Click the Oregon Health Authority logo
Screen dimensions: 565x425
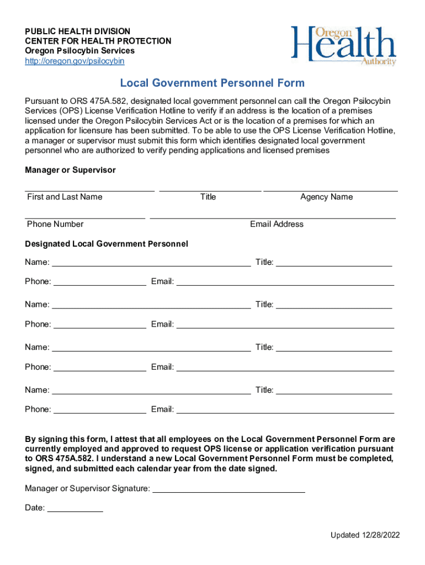343,46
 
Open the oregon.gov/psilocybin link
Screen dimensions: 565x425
75,61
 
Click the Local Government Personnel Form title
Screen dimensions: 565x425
212,83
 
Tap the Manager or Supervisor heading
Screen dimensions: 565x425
70,170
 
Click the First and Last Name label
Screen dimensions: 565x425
65,197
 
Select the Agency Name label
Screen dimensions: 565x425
326,197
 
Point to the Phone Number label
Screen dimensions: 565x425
55,224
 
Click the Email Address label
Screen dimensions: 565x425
277,224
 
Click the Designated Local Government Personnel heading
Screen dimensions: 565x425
107,244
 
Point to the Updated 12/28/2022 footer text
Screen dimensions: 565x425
365,535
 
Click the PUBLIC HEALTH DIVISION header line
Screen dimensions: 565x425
77,31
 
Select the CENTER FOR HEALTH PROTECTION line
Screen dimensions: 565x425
98,41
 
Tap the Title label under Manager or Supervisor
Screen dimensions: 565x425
208,197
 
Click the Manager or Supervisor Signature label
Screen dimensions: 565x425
87,489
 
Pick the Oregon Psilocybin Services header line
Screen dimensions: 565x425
79,51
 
